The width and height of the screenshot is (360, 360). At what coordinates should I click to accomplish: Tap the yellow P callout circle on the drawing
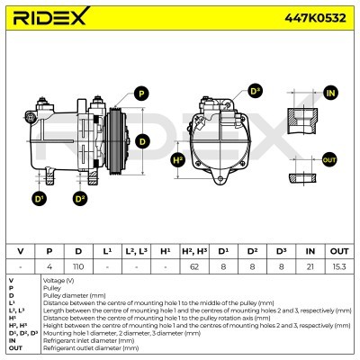point(141,93)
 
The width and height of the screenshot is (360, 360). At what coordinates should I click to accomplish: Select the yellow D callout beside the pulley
point(142,139)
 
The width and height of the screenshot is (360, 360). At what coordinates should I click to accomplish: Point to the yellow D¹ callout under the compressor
point(40,197)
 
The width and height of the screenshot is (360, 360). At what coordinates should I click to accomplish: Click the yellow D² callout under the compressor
point(80,197)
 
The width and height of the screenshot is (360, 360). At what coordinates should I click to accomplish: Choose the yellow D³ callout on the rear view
point(255,92)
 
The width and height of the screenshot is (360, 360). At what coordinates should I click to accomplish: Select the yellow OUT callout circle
point(328,159)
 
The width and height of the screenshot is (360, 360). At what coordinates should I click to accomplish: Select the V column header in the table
point(20,250)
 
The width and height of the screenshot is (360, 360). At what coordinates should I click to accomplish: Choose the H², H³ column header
point(193,250)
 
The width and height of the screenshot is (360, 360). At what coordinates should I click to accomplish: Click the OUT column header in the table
point(339,250)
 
